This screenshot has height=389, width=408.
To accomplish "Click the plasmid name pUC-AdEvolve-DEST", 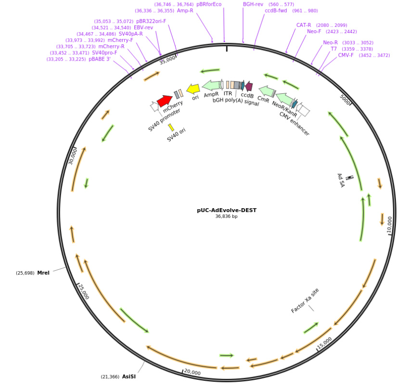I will tap(227, 210).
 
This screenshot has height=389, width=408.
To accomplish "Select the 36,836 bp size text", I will tap(227, 217).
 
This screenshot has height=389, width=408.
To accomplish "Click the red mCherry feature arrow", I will tap(165, 100).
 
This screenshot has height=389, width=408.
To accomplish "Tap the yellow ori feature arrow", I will tap(193, 89).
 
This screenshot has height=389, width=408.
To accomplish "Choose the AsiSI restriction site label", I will tap(129, 376).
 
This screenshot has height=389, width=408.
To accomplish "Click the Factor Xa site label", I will tap(305, 301).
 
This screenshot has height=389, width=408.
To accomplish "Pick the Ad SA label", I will tap(341, 180).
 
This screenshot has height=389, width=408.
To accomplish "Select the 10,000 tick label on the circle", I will tap(390, 225).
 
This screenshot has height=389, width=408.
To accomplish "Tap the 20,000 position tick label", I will tap(192, 373).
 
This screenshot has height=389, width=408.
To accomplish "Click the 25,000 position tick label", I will tap(83, 291).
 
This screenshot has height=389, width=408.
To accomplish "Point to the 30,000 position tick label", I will tap(72, 156).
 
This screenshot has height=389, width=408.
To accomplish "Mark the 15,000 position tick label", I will tap(324, 343).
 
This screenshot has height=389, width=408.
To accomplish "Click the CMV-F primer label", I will tap(345, 55).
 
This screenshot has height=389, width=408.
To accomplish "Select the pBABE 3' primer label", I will tap(100, 59).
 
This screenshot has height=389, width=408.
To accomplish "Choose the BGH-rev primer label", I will tap(253, 4).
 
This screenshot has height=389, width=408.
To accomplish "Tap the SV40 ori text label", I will tap(176, 135).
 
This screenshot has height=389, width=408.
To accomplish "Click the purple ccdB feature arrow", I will tap(249, 87).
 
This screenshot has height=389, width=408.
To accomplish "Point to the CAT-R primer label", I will tap(304, 25).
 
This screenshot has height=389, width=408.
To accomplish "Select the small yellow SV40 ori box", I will tap(171, 127).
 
